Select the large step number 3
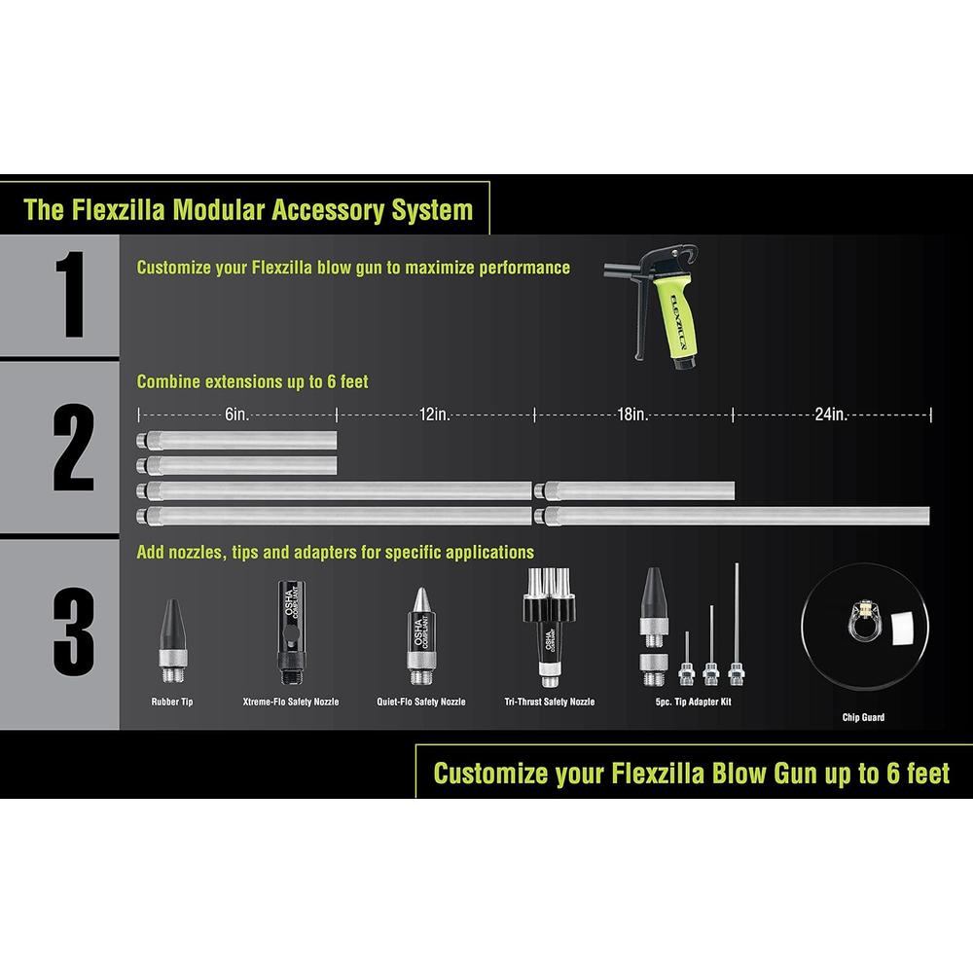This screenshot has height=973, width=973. [73, 632]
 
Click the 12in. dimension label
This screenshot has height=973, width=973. [435, 414]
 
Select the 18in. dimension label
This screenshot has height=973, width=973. [633, 414]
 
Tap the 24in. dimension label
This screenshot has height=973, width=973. [832, 414]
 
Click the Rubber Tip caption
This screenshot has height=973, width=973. [172, 701]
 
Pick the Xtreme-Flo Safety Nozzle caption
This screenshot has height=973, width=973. [291, 701]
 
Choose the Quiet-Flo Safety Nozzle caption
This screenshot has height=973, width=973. [421, 701]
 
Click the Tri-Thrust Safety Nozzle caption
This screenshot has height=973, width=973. [550, 701]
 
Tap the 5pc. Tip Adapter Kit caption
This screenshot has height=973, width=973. [694, 701]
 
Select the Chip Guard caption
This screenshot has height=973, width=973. [863, 718]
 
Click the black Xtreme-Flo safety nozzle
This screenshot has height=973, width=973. [288, 623]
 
